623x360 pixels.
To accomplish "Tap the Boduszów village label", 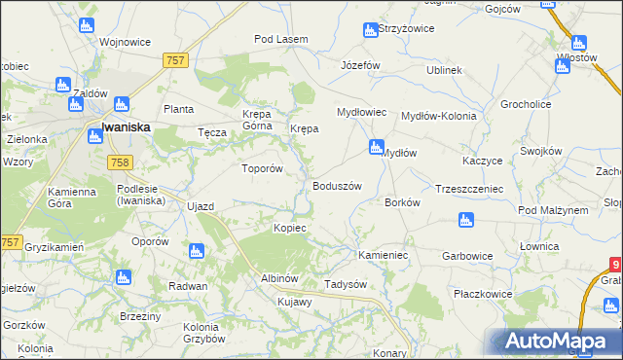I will click(337, 186).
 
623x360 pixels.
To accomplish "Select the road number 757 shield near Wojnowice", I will click(174, 60).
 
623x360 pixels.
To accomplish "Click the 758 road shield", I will click(119, 162).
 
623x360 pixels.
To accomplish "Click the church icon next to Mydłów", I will click(376, 148).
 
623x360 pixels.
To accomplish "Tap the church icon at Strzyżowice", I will click(370, 30).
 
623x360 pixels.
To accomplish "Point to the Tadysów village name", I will click(345, 284).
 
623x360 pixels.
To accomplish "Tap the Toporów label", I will click(262, 167).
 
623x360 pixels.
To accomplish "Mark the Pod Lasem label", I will click(280, 39).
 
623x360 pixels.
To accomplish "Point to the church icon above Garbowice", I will click(465, 221).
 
